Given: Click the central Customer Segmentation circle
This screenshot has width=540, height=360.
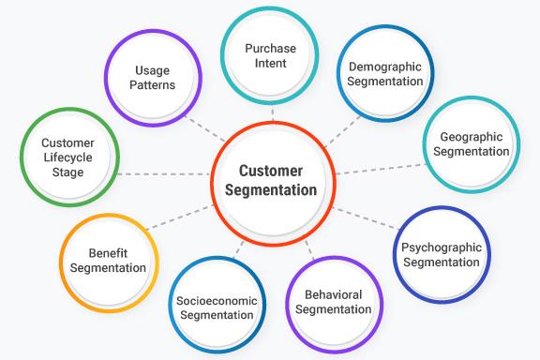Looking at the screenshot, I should click(272, 180).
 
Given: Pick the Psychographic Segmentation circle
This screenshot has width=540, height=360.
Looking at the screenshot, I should click(440, 255).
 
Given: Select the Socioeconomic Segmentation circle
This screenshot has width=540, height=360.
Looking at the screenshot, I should click(215, 307).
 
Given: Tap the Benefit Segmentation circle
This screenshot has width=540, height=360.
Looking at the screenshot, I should click(108, 261).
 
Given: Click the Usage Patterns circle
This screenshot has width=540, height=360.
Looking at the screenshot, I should click(152, 78).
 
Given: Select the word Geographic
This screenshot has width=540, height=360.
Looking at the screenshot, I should click(472, 136).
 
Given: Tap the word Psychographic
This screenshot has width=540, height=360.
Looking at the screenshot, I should click(440, 247).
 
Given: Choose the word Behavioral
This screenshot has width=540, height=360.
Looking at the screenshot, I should click(334, 294).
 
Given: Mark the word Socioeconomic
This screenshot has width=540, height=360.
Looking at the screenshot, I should click(215, 300).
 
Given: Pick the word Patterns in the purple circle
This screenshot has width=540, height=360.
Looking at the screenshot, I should click(152, 86).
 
